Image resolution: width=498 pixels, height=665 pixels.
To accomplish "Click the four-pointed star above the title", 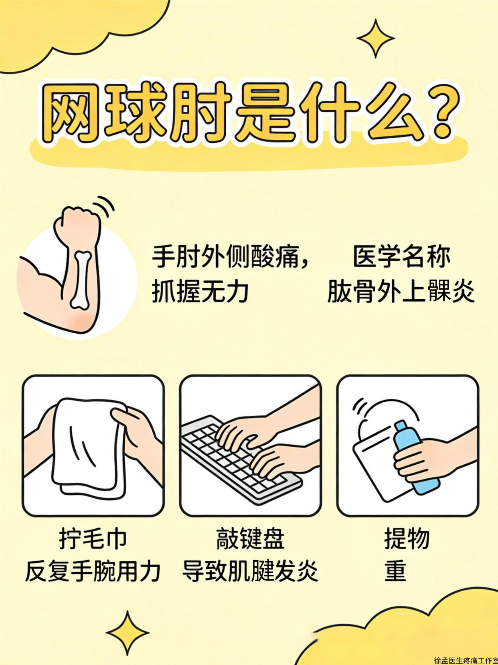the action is pos(376,38).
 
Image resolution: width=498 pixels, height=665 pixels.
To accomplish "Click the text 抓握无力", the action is pos(200,291).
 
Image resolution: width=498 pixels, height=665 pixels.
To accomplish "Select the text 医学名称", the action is pos(401,257).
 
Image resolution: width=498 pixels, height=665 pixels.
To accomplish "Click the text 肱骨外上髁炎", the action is pos(401,291).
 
